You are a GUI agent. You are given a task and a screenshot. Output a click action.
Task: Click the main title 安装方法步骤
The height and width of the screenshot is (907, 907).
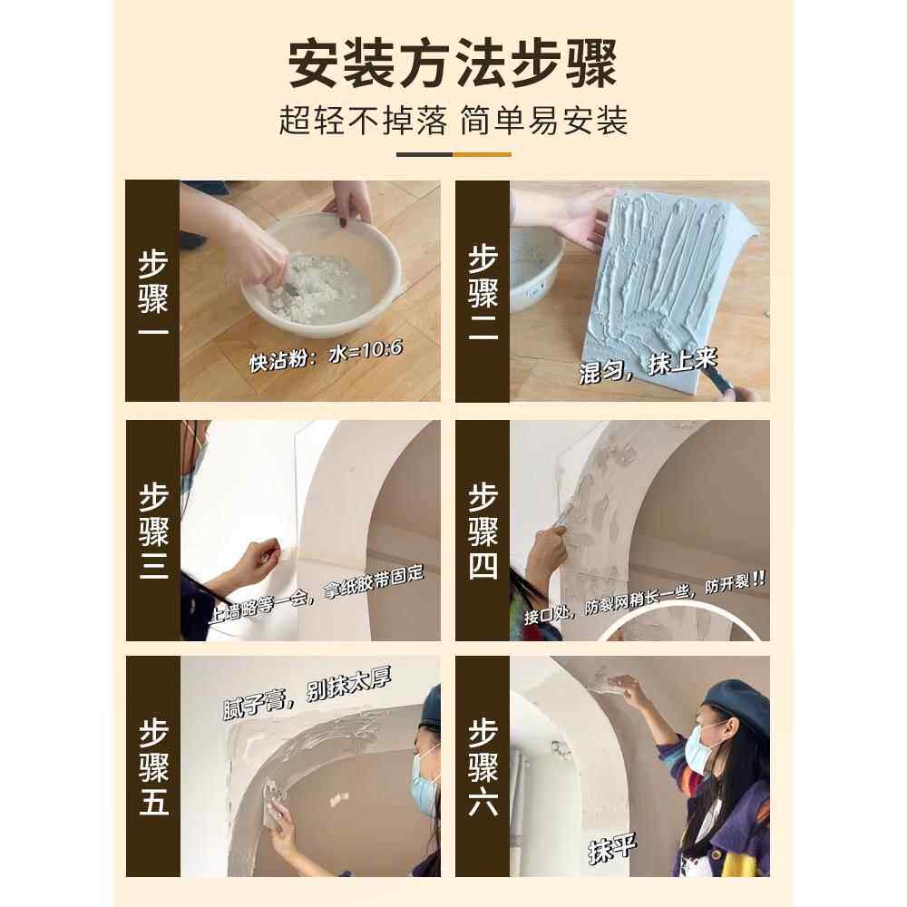pos(453,63)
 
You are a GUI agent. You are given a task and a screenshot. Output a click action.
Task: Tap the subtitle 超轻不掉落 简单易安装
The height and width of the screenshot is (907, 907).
pos(453,121)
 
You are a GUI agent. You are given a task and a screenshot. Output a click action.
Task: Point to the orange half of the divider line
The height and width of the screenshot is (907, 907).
pos(482,154)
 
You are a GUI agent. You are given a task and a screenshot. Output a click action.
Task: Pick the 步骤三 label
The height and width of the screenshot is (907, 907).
pos(152,531)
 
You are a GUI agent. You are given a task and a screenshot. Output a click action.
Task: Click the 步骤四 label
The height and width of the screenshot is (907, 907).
pos(483,531)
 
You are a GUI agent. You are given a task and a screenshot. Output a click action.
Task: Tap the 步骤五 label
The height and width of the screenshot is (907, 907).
pos(152,766)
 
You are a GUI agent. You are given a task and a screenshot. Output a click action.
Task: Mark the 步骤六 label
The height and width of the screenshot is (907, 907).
pos(483,766)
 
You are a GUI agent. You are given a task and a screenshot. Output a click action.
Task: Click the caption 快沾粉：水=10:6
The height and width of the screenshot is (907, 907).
pos(327,356)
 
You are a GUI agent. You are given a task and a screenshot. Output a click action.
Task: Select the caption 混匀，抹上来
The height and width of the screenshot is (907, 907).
pos(648,366)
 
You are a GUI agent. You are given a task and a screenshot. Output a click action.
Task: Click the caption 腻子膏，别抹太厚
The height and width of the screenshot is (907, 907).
pos(307,693)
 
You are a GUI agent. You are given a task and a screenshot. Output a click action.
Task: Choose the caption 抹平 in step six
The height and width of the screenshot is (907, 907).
pos(612,848)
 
